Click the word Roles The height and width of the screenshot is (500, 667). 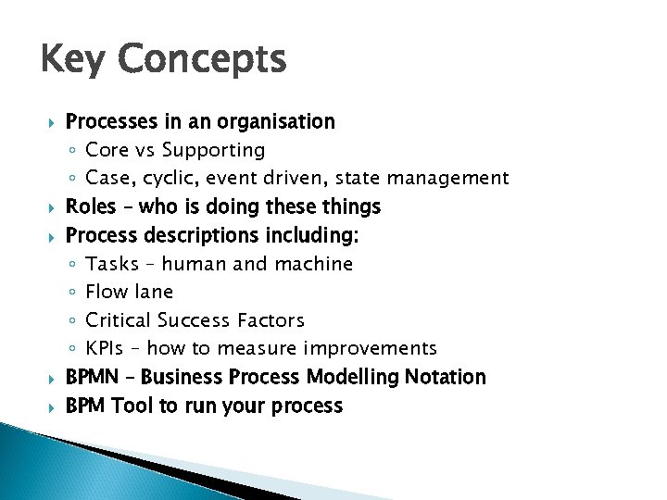coord(91,206)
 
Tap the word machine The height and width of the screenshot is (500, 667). coord(312,264)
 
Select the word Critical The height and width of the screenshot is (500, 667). coord(118,320)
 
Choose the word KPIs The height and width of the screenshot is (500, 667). coord(105,349)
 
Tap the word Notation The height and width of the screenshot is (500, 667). coord(442,377)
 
